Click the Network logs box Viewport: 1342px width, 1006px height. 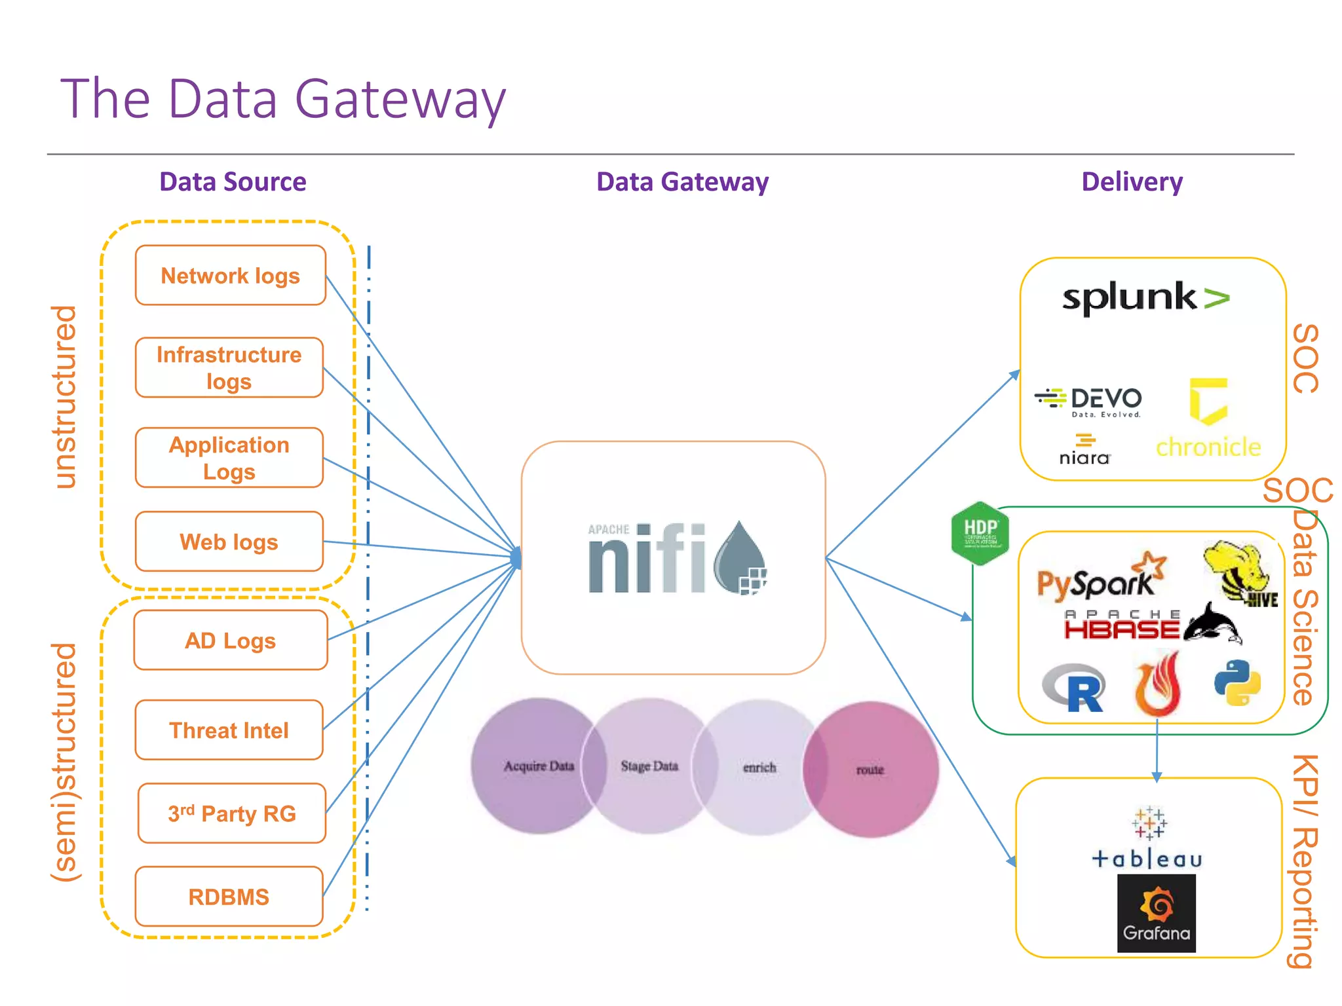tap(230, 276)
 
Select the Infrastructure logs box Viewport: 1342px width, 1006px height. tap(229, 367)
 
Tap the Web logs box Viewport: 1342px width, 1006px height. tap(229, 542)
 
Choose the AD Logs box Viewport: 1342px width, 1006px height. tap(230, 640)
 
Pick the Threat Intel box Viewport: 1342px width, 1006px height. tap(229, 730)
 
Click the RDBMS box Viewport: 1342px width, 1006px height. tap(229, 896)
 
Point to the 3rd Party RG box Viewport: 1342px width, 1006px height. tap(231, 813)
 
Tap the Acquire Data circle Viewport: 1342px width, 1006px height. tap(538, 766)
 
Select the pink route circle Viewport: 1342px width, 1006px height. tap(871, 770)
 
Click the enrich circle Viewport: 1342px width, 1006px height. tap(759, 767)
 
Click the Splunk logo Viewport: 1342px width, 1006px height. tap(1145, 298)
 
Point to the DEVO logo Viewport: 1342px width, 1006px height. tap(1088, 400)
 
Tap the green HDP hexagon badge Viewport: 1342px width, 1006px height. tap(980, 533)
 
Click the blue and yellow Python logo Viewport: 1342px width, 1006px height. tap(1237, 682)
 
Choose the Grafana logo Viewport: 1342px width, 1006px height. tap(1157, 913)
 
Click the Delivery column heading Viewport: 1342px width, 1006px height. tap(1132, 181)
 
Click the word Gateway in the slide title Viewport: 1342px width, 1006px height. tap(400, 100)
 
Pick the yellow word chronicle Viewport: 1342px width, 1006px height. tap(1208, 447)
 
